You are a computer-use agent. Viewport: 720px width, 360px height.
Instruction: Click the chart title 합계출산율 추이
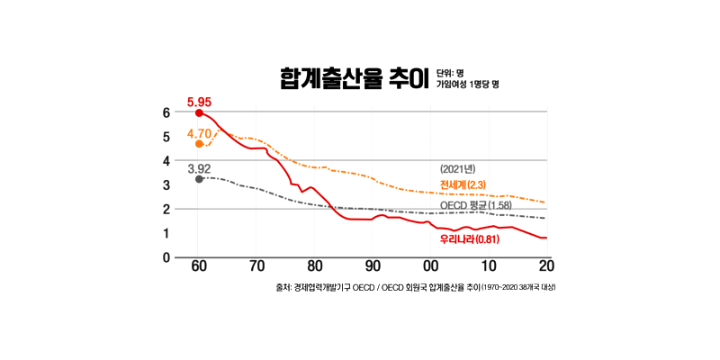point(351,79)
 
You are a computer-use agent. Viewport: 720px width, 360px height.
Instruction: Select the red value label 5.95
point(199,102)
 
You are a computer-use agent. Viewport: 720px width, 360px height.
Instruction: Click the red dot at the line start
point(199,113)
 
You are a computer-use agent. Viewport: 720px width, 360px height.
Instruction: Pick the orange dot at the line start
point(199,144)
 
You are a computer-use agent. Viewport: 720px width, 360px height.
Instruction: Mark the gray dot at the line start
point(199,179)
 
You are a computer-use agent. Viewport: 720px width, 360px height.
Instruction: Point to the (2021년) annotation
point(457,169)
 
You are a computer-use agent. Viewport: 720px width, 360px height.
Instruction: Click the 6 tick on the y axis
point(166,112)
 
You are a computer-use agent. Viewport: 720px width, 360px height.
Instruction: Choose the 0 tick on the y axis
point(166,257)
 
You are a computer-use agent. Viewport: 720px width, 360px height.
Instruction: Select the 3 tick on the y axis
point(166,185)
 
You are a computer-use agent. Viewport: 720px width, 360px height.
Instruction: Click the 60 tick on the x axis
point(199,268)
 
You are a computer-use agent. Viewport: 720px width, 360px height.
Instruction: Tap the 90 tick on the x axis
point(373,268)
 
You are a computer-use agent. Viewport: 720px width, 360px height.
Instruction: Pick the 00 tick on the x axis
point(431,268)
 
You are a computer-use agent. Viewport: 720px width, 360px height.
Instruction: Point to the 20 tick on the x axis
point(546,268)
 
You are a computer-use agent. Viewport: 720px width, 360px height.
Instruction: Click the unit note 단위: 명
point(450,72)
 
